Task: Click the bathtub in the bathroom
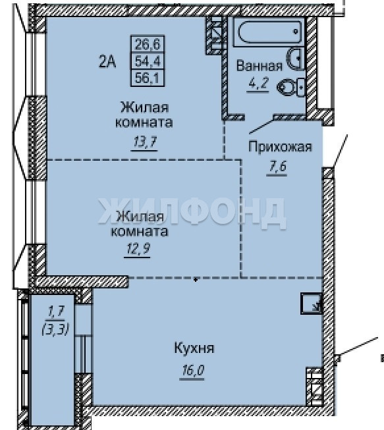coord(269,32)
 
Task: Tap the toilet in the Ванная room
coord(290,87)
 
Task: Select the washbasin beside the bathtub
coord(296,59)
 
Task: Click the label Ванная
coord(260,67)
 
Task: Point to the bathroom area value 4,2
coord(258,82)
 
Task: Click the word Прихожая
coord(281,147)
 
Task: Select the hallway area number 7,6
coord(277,166)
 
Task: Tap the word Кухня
coord(194,348)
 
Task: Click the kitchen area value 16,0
coord(192,371)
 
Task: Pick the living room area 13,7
coord(144,142)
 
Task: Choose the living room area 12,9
coord(138,249)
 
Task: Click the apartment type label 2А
coord(107,62)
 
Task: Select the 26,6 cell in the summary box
coord(148,43)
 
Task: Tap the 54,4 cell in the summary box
coord(148,61)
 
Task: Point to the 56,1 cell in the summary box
coord(148,78)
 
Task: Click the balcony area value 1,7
coord(56,311)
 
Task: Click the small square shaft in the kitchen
coord(311,304)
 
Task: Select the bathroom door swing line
coord(261,126)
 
